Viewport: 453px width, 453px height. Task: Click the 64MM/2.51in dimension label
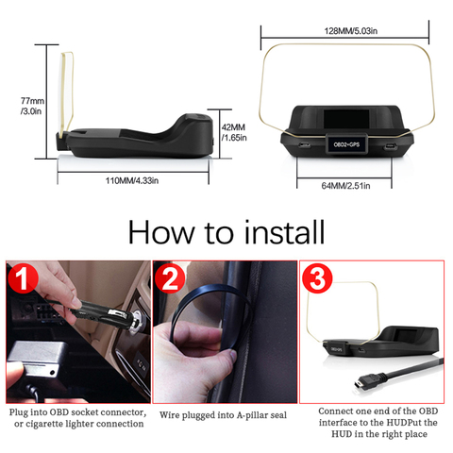click(x=345, y=184)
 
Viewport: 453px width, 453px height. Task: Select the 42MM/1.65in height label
click(x=233, y=131)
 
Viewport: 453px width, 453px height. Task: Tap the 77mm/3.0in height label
click(x=32, y=107)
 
